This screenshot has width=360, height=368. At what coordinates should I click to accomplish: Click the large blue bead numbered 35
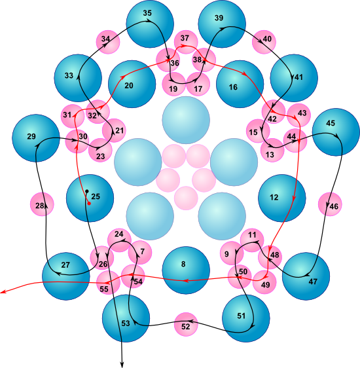(150, 24)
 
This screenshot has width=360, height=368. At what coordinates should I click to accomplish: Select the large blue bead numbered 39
(222, 24)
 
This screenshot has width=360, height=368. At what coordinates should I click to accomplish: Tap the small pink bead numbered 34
(108, 42)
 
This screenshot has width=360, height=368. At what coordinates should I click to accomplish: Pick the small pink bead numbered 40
(264, 42)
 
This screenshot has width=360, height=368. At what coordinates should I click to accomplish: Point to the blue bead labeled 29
(36, 138)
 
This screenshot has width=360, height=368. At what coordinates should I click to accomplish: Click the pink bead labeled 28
(42, 204)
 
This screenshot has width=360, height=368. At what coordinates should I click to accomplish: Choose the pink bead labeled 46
(330, 204)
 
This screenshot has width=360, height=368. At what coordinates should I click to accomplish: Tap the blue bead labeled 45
(336, 132)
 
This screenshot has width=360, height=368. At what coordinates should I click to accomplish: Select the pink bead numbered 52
(186, 324)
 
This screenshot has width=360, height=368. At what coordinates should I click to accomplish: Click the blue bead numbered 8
(186, 270)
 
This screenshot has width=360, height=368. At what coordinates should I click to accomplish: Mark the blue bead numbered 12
(282, 198)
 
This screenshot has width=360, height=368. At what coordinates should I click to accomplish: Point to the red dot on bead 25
(89, 203)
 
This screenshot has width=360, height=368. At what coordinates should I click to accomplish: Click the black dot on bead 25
(87, 191)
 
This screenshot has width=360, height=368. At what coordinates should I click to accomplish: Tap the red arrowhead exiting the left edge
(3, 292)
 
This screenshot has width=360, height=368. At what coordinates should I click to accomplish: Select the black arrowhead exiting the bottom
(122, 365)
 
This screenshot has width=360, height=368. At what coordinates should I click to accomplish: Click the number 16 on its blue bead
(233, 87)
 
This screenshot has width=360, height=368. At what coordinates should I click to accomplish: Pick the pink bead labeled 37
(186, 42)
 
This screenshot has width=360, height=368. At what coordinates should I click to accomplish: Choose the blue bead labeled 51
(246, 318)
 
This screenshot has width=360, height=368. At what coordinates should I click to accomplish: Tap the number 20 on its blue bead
(129, 86)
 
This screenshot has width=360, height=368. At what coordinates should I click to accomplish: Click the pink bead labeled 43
(298, 115)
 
